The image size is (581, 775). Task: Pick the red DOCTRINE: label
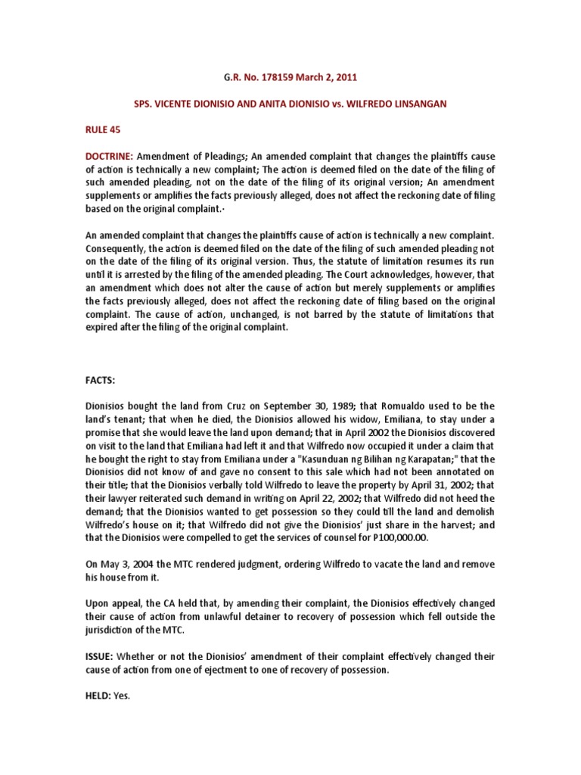[110, 155]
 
